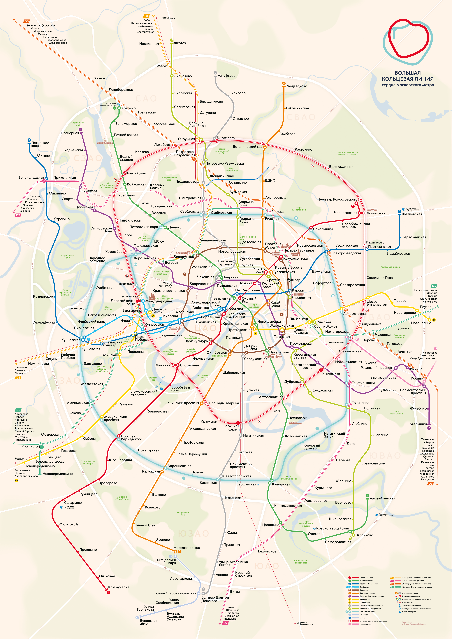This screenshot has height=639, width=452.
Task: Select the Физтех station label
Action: pos(180,43)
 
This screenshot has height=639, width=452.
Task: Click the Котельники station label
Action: pos(417,424)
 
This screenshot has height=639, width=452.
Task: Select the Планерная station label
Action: pos(70,133)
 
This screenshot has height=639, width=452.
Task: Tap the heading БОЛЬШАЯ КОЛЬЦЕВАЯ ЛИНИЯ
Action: pos(408,76)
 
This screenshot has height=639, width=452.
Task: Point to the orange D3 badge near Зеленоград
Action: pos(26,21)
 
